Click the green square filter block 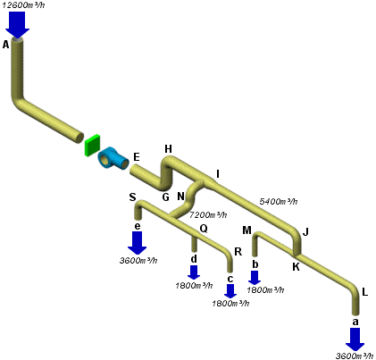92,146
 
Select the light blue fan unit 113,159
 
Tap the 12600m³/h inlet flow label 23,5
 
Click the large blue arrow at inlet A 17,25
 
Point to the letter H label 168,149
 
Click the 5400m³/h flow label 279,202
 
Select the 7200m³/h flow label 208,214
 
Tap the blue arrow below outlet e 138,243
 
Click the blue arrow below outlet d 194,272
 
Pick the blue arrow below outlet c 230,291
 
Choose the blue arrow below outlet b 255,278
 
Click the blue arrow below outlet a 355,339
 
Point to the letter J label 305,232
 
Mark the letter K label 296,267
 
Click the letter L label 365,292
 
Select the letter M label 247,230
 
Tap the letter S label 132,197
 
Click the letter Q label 204,229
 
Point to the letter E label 137,157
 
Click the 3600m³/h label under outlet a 355,356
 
